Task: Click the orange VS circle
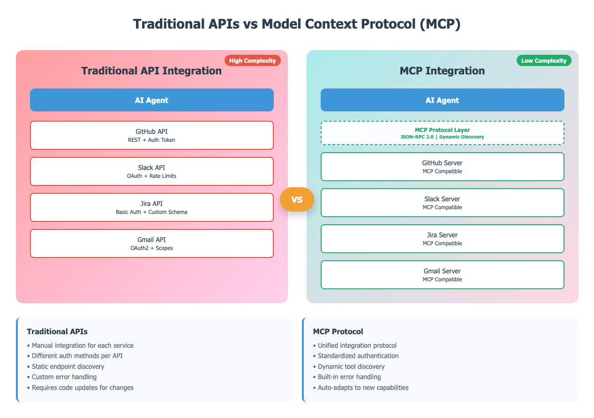pos(297,199)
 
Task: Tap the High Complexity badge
pos(252,60)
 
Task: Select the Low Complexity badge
pos(544,60)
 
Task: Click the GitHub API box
pos(152,135)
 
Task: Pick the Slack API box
pos(152,171)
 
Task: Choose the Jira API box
pos(152,207)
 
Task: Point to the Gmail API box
pos(152,243)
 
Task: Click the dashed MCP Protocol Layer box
pos(442,133)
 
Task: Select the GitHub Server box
pos(442,167)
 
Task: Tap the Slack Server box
pos(442,203)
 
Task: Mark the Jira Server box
pos(442,239)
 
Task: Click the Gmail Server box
pos(442,275)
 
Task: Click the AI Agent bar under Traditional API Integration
pos(152,100)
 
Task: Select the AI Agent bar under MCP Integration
pos(442,100)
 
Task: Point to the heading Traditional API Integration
pos(151,71)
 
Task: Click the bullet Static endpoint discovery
pos(68,367)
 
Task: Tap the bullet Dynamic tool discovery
pos(351,367)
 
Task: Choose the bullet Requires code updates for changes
pos(83,388)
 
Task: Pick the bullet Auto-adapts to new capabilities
pos(363,388)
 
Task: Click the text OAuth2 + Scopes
pos(152,248)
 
